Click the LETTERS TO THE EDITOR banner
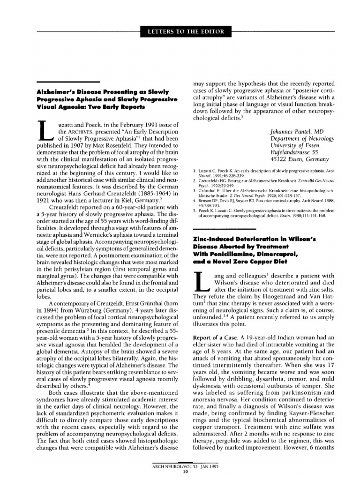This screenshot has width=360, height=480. point(186,32)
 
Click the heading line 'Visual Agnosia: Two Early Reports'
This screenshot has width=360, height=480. point(91,107)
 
